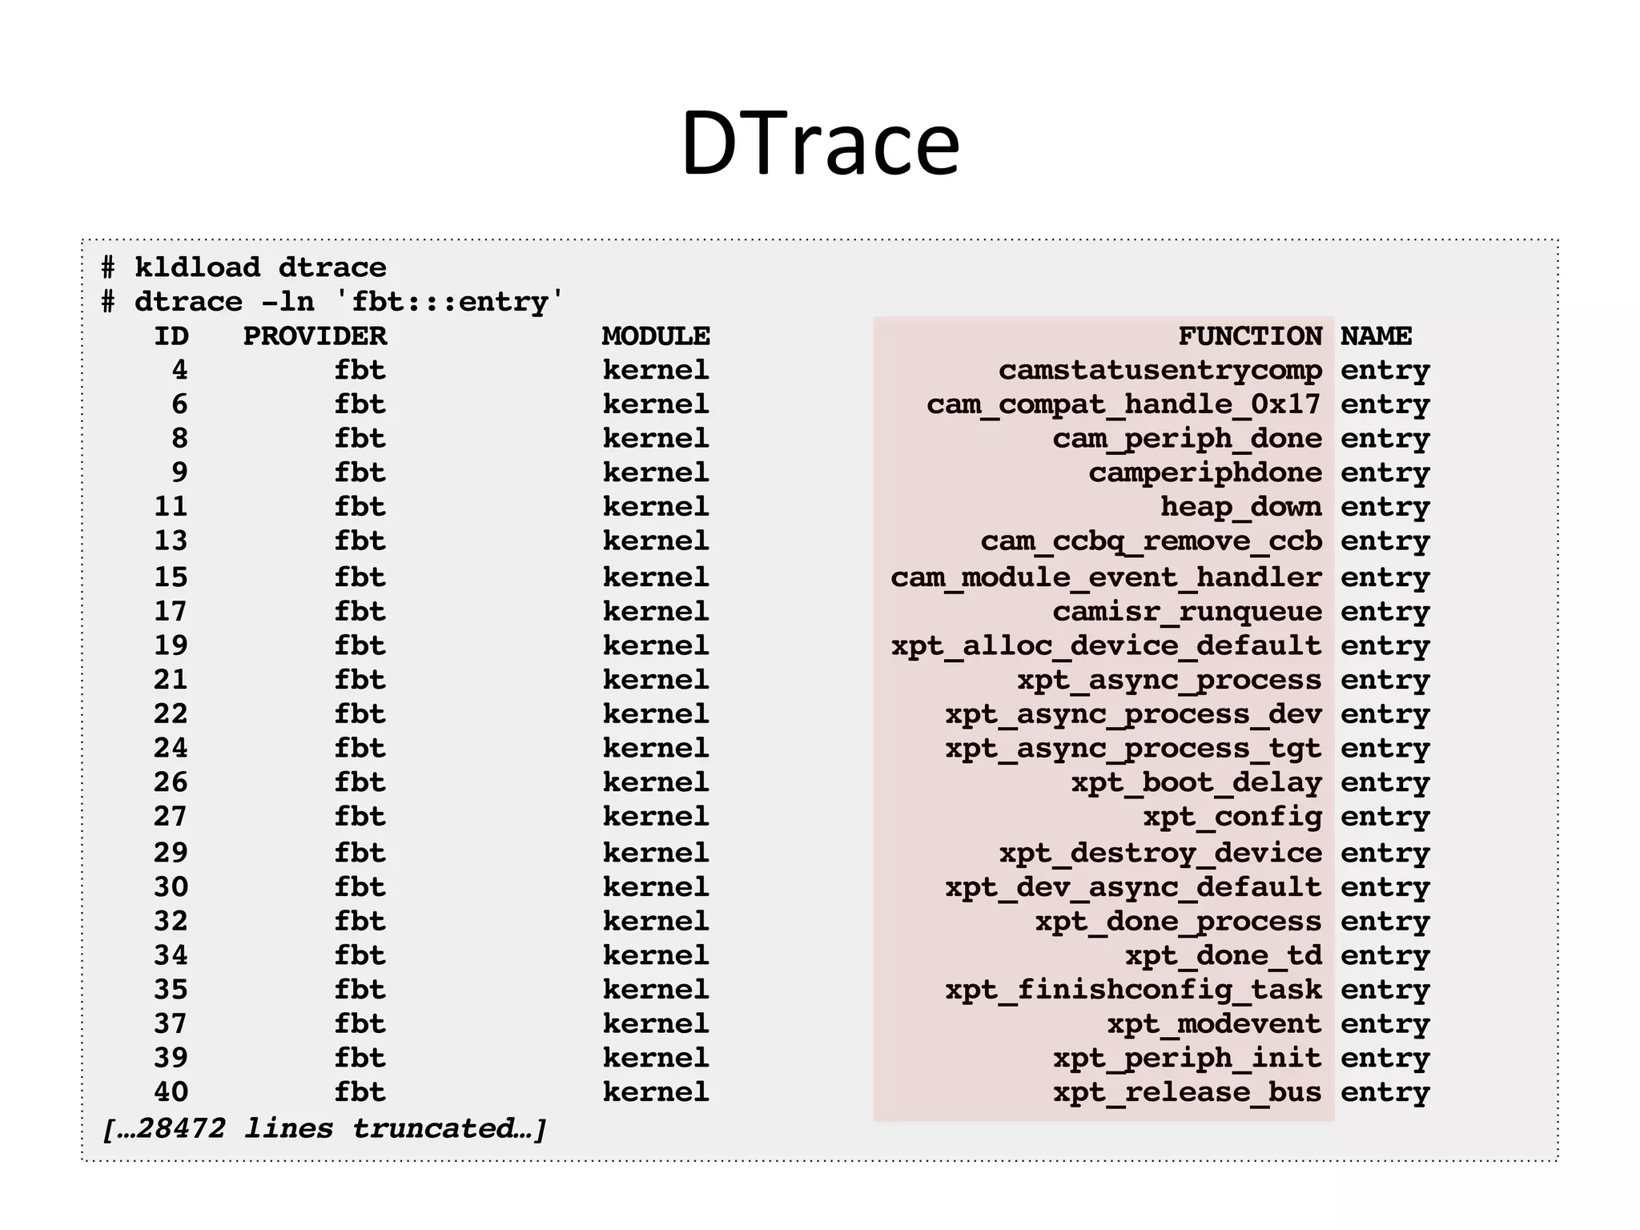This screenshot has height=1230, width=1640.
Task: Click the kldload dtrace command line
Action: [x=244, y=267]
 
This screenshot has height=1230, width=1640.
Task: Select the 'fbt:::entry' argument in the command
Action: [x=448, y=301]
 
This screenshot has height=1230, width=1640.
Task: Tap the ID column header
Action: [x=171, y=336]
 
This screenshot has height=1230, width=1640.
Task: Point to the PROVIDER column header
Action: [x=315, y=336]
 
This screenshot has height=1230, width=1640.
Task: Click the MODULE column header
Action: [x=656, y=336]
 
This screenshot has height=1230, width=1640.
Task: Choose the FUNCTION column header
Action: [x=1249, y=336]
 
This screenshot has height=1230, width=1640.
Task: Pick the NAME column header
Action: [x=1376, y=336]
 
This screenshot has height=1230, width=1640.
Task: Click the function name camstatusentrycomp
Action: [x=1160, y=370]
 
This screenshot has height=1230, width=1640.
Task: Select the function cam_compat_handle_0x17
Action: [x=1123, y=404]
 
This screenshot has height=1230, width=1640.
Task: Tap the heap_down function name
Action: [x=1240, y=507]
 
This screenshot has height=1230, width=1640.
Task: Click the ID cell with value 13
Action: [x=171, y=541]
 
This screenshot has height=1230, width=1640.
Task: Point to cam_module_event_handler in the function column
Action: [x=1106, y=577]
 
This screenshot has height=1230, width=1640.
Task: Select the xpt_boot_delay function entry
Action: [x=1196, y=782]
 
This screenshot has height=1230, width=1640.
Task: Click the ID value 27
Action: [x=171, y=817]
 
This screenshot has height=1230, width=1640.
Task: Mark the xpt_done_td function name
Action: [x=1223, y=955]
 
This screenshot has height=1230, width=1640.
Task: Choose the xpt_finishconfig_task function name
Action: [x=1133, y=990]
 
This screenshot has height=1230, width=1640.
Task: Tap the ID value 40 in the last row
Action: [x=171, y=1091]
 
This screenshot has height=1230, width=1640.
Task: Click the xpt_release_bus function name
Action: [x=1187, y=1091]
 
